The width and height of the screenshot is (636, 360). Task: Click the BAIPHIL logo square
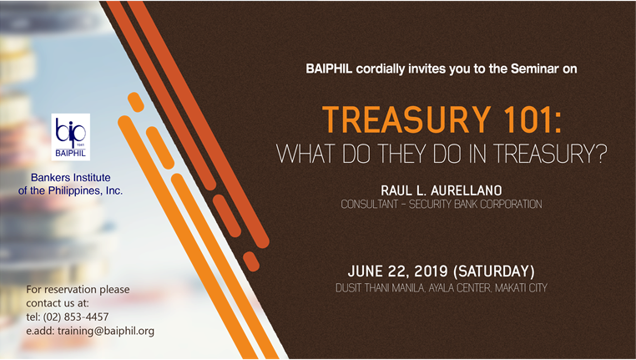pos(71,137)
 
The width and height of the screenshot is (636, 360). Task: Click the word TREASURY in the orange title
pos(406,119)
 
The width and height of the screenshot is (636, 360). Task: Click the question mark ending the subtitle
pos(602,154)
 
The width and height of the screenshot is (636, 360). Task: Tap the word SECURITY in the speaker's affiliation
pos(431,204)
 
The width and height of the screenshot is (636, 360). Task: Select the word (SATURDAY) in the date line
pos(491,271)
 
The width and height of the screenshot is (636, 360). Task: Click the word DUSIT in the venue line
pos(349,288)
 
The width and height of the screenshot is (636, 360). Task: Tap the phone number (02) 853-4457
pos(76,317)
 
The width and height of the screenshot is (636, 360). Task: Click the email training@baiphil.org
pos(106,331)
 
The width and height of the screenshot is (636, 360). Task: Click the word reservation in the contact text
pos(73,289)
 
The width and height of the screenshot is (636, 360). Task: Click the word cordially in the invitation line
pos(381,69)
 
